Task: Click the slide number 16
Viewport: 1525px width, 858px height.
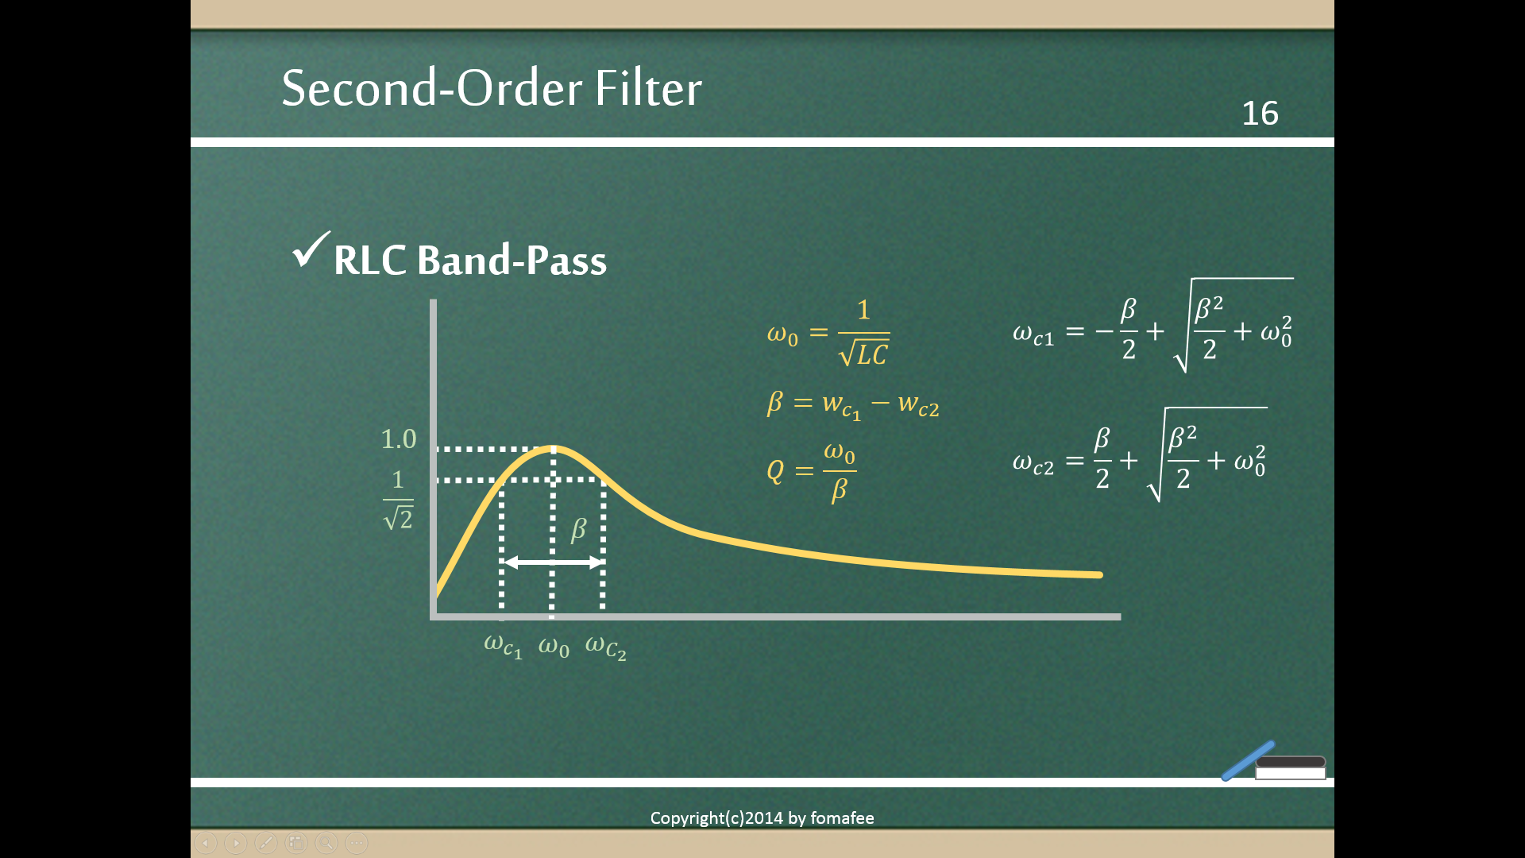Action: pos(1260,114)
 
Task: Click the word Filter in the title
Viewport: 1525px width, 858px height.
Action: pos(648,87)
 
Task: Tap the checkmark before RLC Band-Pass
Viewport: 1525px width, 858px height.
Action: pos(311,250)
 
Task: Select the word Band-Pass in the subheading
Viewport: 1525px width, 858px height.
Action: pos(512,260)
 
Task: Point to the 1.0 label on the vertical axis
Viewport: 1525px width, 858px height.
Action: pos(399,439)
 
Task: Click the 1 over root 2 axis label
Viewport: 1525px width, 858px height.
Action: pos(398,500)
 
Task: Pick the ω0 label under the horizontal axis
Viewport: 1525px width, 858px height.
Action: pos(554,646)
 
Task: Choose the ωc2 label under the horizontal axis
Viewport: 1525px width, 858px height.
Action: pos(606,647)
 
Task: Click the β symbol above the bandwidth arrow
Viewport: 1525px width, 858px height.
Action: pos(578,529)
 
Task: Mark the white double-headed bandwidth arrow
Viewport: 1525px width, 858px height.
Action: pos(553,562)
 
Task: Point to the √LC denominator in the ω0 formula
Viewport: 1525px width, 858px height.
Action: pos(864,353)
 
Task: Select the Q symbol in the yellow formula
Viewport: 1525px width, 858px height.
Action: pos(775,471)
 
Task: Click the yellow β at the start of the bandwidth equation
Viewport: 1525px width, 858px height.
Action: pos(775,403)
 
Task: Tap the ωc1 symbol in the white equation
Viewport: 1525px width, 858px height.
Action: pos(1033,334)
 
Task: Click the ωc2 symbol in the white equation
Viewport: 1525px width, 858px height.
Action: pos(1033,463)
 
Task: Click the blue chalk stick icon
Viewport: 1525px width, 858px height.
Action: pos(1249,761)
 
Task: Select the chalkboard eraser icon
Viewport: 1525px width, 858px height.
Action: pos(1291,767)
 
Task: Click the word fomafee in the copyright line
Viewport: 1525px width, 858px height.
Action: pos(842,818)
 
